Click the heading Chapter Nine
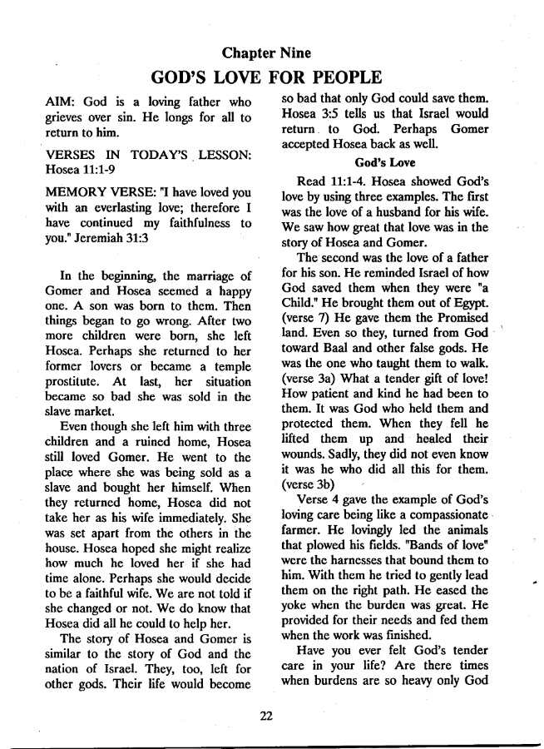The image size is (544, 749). pyautogui.click(x=267, y=53)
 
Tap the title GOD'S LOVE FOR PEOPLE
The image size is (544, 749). pyautogui.click(x=267, y=79)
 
